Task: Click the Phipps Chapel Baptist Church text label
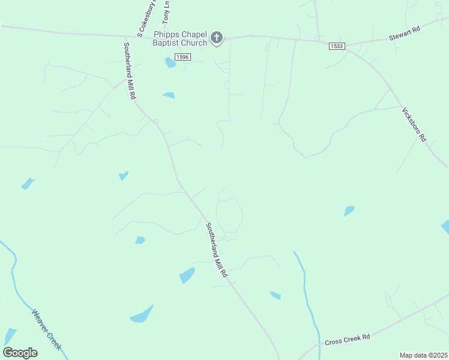tap(180, 38)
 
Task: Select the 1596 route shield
tap(182, 56)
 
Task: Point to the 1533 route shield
tap(336, 46)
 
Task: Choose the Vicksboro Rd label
tap(414, 124)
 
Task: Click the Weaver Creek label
tap(46, 329)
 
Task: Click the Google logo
tap(20, 353)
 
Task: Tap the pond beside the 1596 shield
tap(170, 62)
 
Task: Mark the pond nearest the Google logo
tap(10, 336)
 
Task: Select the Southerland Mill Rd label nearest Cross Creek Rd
tap(216, 250)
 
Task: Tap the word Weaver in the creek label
tap(40, 321)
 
